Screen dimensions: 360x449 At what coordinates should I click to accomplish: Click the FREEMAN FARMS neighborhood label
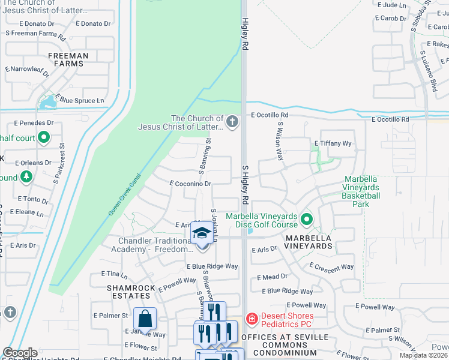(x=68, y=60)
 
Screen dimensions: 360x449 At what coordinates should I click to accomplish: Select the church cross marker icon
(x=232, y=123)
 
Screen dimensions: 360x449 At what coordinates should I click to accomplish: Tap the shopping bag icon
(x=145, y=318)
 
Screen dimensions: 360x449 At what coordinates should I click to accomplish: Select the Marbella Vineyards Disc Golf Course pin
(x=307, y=220)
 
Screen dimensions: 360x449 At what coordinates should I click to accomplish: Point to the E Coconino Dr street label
(x=191, y=184)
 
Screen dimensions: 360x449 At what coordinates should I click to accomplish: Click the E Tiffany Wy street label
(x=333, y=143)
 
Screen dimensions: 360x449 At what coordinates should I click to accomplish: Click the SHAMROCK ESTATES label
(x=128, y=292)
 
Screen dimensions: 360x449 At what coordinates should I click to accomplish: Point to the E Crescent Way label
(x=331, y=266)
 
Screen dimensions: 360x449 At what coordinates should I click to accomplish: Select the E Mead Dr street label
(x=272, y=277)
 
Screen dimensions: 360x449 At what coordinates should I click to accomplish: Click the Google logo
(x=20, y=353)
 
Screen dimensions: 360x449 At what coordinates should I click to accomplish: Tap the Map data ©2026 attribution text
(x=424, y=355)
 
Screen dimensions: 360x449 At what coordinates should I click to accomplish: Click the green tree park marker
(x=25, y=177)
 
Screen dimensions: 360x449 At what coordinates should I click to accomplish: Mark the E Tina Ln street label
(x=116, y=275)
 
